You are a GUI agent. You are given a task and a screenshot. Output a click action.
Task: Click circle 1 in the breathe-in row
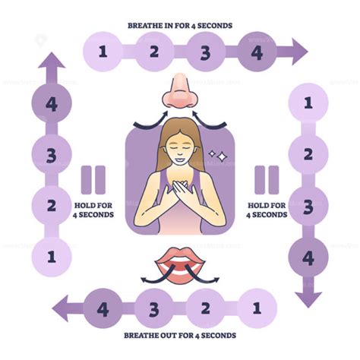[103, 52]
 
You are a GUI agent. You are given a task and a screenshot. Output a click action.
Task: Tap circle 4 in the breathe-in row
[257, 52]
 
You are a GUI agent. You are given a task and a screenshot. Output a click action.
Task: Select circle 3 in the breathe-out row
[154, 308]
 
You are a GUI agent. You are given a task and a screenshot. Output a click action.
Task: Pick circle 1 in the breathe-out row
[257, 308]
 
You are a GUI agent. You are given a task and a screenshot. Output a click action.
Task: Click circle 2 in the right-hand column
[308, 154]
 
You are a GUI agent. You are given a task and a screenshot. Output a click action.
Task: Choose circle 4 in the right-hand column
[308, 257]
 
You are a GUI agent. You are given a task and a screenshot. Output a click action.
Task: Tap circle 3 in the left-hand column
[52, 154]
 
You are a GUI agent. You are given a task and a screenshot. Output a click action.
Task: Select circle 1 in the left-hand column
[52, 257]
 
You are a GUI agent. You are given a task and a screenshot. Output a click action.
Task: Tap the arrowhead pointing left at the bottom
[60, 308]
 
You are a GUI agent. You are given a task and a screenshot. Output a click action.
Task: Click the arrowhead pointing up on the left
[52, 60]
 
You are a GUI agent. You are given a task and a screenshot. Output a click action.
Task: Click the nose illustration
[180, 91]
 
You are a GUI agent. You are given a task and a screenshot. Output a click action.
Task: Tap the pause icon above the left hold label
[93, 180]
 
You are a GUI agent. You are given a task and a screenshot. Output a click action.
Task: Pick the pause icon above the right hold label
[267, 180]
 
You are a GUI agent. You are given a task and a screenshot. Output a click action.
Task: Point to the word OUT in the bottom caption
[169, 336]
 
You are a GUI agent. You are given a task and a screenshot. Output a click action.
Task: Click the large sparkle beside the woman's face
[222, 156]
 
